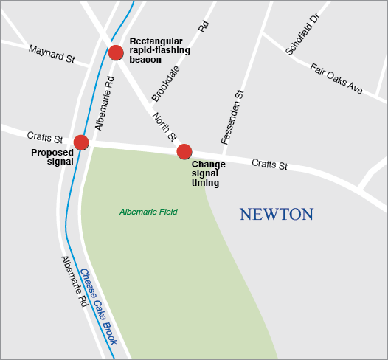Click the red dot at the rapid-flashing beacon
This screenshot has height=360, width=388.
click(x=116, y=52)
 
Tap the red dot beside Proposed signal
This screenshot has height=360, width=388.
click(x=81, y=142)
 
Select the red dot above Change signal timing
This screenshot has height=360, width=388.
click(x=184, y=152)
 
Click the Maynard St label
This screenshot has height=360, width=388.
click(x=52, y=53)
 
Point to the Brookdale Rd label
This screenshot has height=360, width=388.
click(x=180, y=63)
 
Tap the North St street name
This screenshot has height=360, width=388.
click(x=164, y=126)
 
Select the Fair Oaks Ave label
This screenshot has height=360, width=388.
click(x=336, y=79)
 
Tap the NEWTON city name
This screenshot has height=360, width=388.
click(x=277, y=215)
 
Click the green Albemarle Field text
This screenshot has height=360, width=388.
click(x=148, y=212)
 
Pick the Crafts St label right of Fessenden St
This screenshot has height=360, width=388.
click(x=269, y=164)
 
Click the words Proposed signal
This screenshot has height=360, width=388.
click(x=52, y=157)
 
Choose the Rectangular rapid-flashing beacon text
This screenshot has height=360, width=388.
click(x=159, y=49)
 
